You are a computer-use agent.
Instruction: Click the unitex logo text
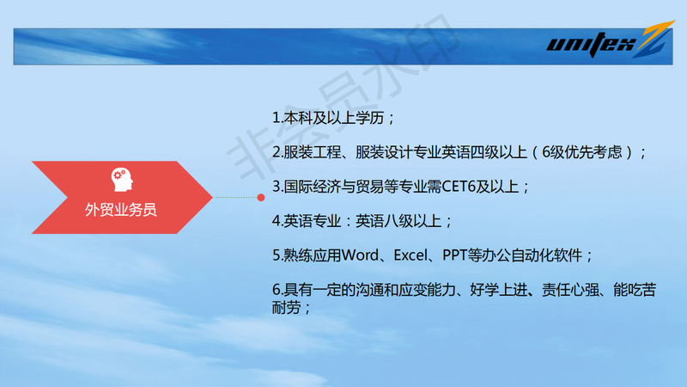pyautogui.click(x=591, y=44)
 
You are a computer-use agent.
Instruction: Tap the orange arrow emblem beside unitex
pyautogui.click(x=656, y=39)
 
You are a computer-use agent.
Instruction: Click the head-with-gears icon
pyautogui.click(x=122, y=180)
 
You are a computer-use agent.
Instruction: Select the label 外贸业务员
pyautogui.click(x=121, y=210)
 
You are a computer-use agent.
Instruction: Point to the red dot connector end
pyautogui.click(x=261, y=198)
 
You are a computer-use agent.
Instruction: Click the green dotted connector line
pyautogui.click(x=236, y=198)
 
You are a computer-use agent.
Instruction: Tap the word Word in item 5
pyautogui.click(x=360, y=255)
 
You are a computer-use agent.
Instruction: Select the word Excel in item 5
pyautogui.click(x=410, y=255)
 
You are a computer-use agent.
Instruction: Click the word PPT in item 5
pyautogui.click(x=455, y=255)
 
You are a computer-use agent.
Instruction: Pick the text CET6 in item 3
pyautogui.click(x=459, y=187)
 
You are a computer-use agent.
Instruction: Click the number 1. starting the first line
pyautogui.click(x=277, y=118)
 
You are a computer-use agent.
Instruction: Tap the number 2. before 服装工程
pyautogui.click(x=277, y=152)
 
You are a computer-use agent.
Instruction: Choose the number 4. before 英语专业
pyautogui.click(x=277, y=221)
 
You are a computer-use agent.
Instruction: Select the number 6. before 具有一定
pyautogui.click(x=277, y=290)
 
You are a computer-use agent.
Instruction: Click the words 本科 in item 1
pyautogui.click(x=297, y=118)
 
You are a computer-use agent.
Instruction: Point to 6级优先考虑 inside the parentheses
pyautogui.click(x=582, y=152)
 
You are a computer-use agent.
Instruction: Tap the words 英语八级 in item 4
pyautogui.click(x=384, y=221)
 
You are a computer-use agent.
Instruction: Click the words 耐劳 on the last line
pyautogui.click(x=286, y=308)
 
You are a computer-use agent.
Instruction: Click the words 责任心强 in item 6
pyautogui.click(x=570, y=290)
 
